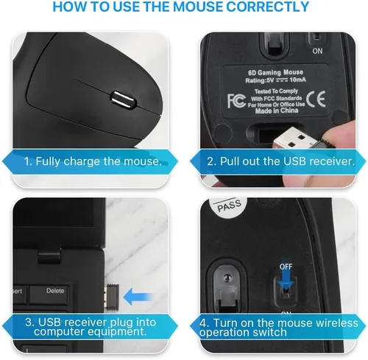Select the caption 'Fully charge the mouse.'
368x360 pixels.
92,160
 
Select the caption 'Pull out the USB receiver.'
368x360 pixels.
281,160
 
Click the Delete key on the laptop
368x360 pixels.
56,290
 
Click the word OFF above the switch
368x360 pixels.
286,265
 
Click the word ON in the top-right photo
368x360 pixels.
318,52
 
